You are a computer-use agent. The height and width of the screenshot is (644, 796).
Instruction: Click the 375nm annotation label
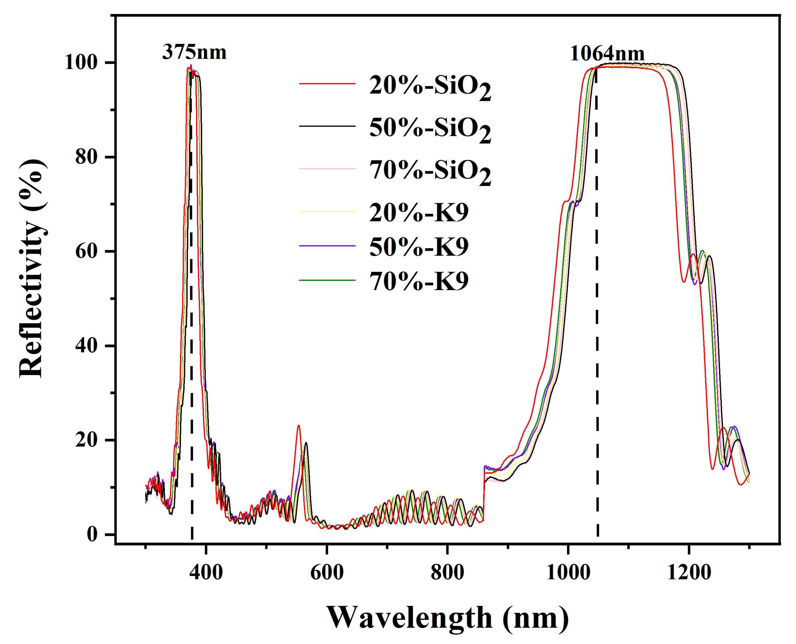tap(194, 52)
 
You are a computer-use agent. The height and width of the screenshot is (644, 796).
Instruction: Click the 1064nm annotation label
tap(607, 54)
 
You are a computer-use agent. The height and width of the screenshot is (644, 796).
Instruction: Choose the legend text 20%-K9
tap(419, 212)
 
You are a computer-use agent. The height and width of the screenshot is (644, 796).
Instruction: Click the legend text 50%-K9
tap(419, 247)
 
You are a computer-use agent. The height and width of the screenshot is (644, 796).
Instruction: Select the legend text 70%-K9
tap(419, 281)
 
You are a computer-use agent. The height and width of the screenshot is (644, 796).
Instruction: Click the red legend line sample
tap(327, 84)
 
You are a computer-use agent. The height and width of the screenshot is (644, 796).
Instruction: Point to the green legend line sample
tap(327, 280)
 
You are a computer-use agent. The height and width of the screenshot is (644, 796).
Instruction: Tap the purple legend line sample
tap(327, 246)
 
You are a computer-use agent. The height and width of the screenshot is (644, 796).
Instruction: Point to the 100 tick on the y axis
tap(81, 62)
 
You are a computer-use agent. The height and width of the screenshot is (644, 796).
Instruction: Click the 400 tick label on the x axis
tap(206, 572)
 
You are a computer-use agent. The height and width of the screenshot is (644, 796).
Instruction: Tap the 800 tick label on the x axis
tap(447, 572)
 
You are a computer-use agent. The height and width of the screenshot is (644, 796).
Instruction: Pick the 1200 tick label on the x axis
tap(689, 572)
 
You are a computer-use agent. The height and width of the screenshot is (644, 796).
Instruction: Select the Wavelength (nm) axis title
tap(447, 618)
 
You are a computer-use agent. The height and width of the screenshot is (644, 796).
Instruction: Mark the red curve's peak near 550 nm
tap(298, 425)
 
